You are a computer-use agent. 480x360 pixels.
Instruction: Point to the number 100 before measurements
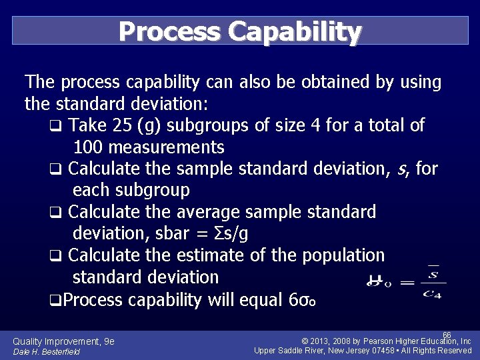click(x=88, y=147)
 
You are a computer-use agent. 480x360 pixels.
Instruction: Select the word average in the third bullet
click(x=209, y=212)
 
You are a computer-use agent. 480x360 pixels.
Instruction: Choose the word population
click(x=343, y=255)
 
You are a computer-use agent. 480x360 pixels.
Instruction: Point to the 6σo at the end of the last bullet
click(x=303, y=300)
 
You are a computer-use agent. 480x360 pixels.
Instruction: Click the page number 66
click(x=447, y=335)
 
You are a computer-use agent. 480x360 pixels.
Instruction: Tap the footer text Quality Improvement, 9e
click(x=63, y=341)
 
